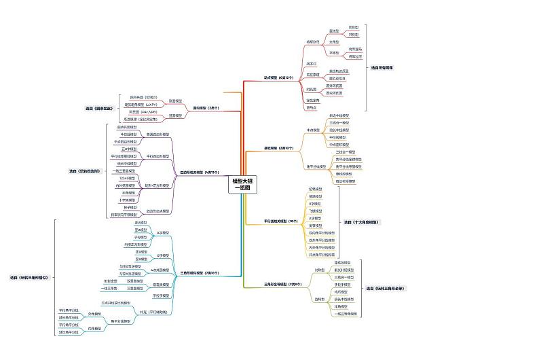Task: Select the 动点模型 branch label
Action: click(x=278, y=77)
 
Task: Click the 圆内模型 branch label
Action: click(x=206, y=107)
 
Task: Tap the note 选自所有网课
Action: click(x=382, y=68)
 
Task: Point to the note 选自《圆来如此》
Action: click(x=98, y=109)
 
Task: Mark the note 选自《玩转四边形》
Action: click(x=85, y=171)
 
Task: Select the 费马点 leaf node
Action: click(x=312, y=107)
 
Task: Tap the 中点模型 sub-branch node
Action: click(x=313, y=129)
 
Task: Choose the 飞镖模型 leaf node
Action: click(x=316, y=211)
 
